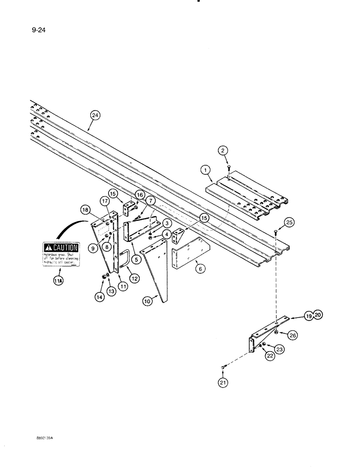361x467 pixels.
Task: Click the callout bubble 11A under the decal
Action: [57, 282]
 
